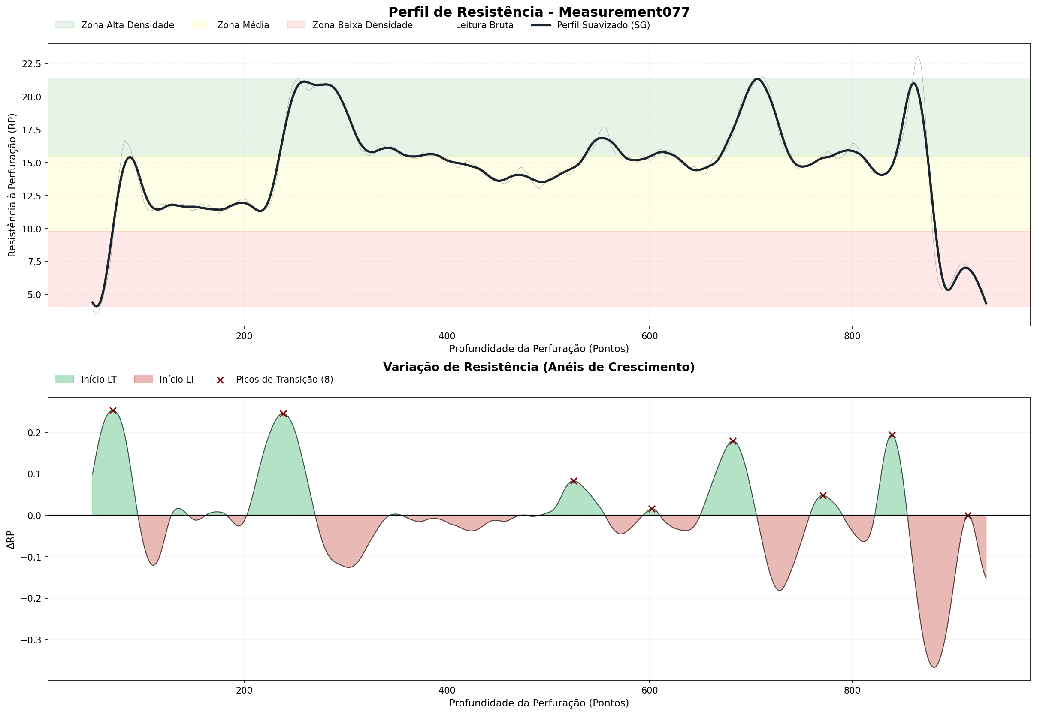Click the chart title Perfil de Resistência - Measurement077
pos(539,12)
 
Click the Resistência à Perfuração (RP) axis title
pos(12,185)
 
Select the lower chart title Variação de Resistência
pos(539,367)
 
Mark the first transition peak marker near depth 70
pos(113,411)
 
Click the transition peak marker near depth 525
pos(574,481)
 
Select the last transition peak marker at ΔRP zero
pos(968,516)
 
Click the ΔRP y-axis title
pos(11,540)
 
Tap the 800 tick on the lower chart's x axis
pos(852,691)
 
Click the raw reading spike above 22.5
pos(918,57)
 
